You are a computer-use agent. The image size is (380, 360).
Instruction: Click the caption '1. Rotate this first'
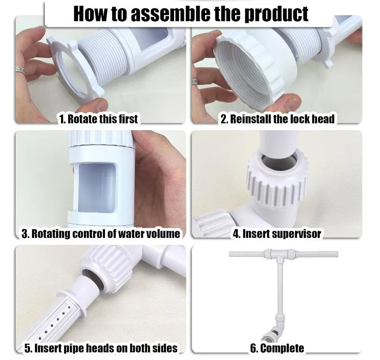pyautogui.click(x=98, y=119)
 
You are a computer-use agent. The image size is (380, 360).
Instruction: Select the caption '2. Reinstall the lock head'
pyautogui.click(x=278, y=119)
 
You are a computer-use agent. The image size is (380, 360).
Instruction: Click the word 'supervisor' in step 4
pyautogui.click(x=297, y=234)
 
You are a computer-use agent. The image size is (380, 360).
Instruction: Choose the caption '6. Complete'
pyautogui.click(x=277, y=348)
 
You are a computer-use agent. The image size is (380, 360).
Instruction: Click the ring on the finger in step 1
pyautogui.click(x=20, y=70)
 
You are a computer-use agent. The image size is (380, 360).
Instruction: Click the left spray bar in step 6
pyautogui.click(x=246, y=254)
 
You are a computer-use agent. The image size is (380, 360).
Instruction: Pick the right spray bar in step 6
pyautogui.click(x=318, y=254)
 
